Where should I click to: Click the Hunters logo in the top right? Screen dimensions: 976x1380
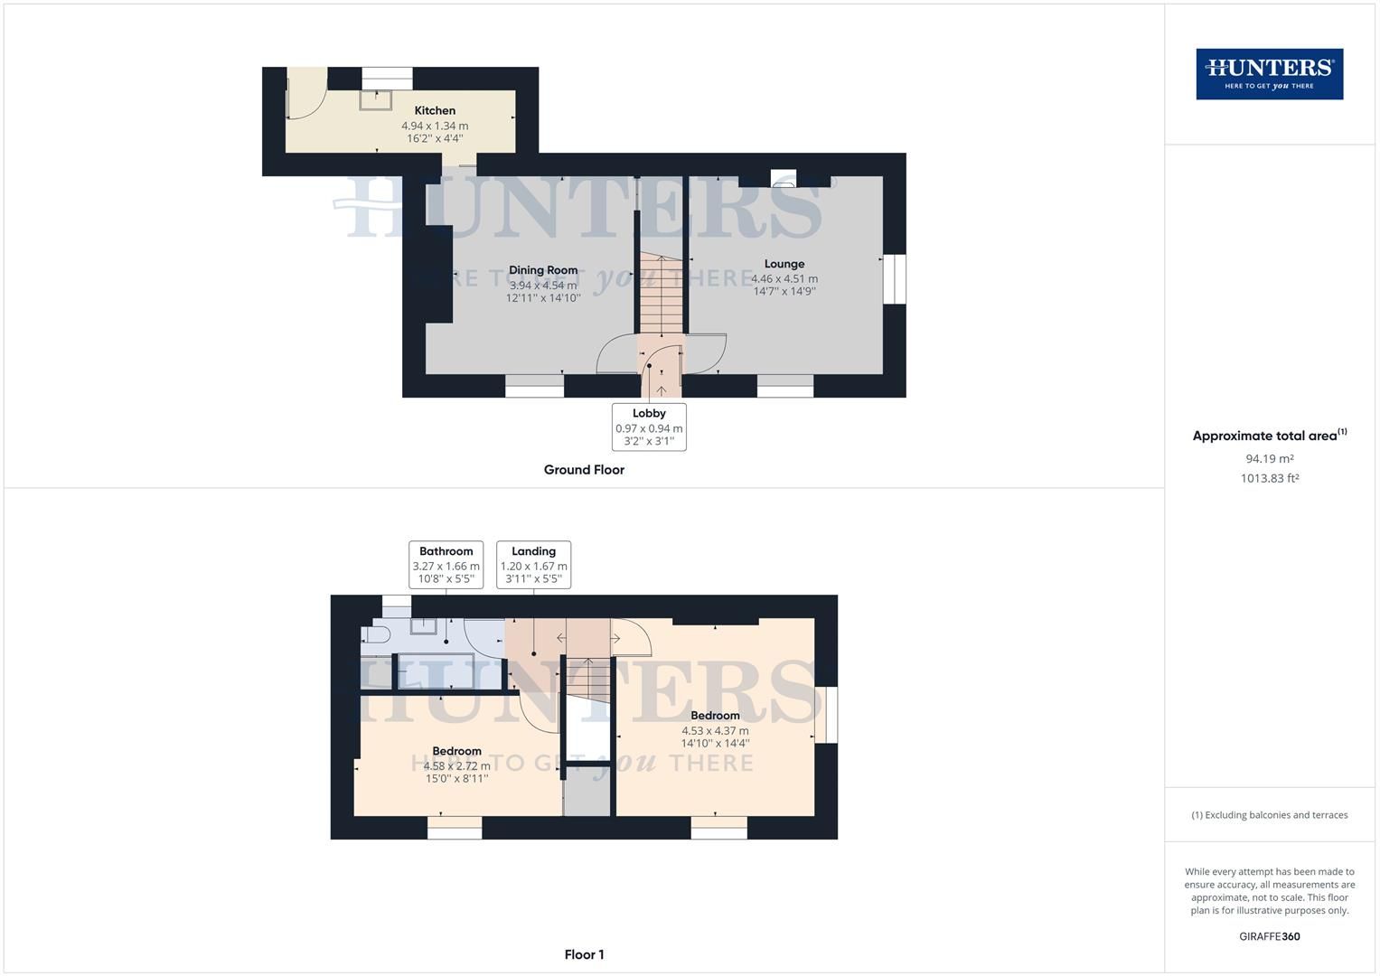click(1269, 74)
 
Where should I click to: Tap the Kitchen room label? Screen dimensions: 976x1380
click(435, 110)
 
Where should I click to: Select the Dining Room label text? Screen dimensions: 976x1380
click(542, 269)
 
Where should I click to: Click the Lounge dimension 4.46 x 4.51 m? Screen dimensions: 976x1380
click(784, 279)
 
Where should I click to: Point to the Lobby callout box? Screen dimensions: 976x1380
click(649, 427)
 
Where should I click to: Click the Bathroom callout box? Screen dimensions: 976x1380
click(446, 565)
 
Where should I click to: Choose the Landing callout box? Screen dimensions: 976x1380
click(533, 565)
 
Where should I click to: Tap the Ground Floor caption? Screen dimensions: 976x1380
click(584, 470)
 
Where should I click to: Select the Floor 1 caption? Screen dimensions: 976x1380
click(584, 954)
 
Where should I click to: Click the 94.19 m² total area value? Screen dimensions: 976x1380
click(1269, 458)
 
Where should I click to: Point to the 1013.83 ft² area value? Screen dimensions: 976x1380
click(1269, 479)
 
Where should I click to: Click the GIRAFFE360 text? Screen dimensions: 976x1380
click(1269, 936)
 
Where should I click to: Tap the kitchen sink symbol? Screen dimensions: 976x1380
click(376, 99)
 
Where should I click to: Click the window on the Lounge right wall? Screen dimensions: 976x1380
click(894, 278)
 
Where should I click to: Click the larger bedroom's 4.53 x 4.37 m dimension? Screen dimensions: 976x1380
click(714, 730)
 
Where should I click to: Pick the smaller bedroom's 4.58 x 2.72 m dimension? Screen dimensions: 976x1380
click(457, 765)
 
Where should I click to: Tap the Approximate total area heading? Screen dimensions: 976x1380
click(1269, 436)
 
